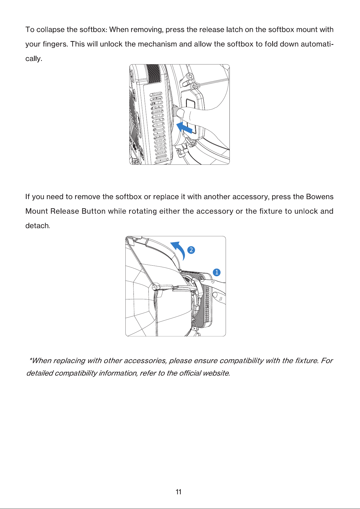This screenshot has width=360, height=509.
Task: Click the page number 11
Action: tap(178, 492)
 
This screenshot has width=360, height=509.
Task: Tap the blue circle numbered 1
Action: tap(216, 272)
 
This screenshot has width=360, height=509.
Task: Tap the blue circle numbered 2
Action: tap(191, 250)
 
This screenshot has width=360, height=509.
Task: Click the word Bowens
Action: tap(319, 197)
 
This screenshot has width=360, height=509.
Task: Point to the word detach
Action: tap(37, 226)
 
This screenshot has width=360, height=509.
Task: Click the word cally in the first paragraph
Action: tap(33, 59)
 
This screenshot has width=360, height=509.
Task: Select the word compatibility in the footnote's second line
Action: tap(76, 373)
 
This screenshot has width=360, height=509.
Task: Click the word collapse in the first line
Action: tap(50, 30)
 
